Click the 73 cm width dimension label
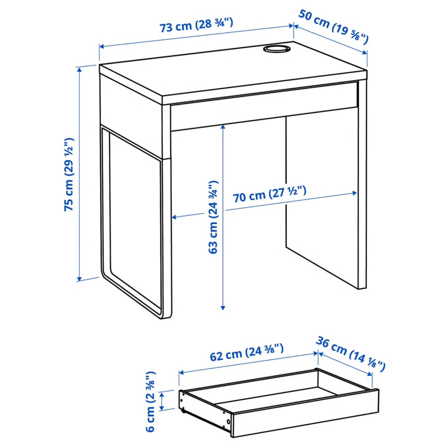(196, 25)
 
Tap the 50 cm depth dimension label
(333, 26)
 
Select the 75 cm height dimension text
(69, 174)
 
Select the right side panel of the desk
(362, 184)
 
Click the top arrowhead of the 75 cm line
(80, 69)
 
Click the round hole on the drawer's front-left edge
(228, 422)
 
